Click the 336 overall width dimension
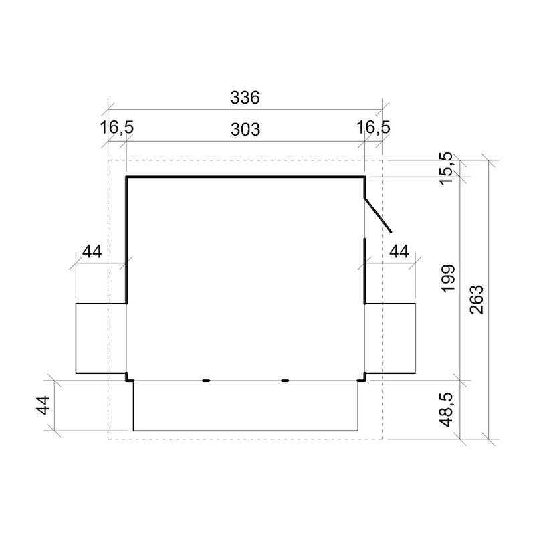[245, 98]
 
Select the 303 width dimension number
[245, 130]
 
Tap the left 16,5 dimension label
[116, 128]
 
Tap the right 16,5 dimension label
[373, 128]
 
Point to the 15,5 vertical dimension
[446, 169]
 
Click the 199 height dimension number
[448, 278]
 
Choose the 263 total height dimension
[477, 299]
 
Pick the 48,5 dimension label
[446, 409]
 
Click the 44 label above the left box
[92, 252]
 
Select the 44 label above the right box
[399, 252]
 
